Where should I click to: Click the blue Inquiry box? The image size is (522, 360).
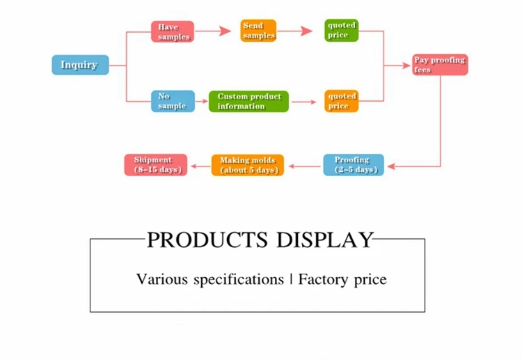(x=80, y=65)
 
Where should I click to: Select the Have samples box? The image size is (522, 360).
(x=172, y=31)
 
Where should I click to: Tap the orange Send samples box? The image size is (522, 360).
(x=258, y=31)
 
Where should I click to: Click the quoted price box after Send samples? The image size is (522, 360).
(x=342, y=31)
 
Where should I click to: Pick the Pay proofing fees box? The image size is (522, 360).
(x=439, y=65)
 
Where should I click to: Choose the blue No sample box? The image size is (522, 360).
(x=173, y=101)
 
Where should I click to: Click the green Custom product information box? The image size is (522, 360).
(x=248, y=101)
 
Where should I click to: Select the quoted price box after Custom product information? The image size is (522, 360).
(x=342, y=101)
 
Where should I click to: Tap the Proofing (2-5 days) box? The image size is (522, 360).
(x=354, y=165)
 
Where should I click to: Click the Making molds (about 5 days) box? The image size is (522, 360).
(x=247, y=165)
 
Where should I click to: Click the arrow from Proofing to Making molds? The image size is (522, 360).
(x=303, y=166)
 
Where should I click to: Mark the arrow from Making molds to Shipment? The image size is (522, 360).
(x=200, y=166)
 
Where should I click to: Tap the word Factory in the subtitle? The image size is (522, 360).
(x=324, y=280)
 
